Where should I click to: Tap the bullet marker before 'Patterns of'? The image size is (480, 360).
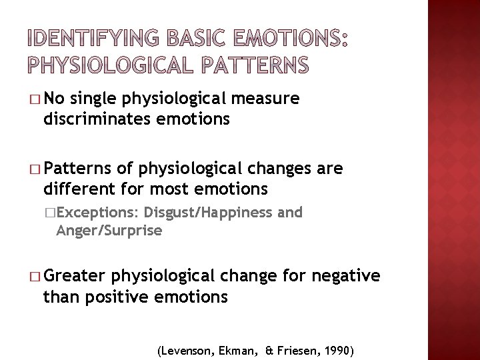coord(34,170)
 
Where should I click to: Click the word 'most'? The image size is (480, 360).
coord(173,189)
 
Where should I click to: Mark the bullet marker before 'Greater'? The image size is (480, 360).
coord(34,275)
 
